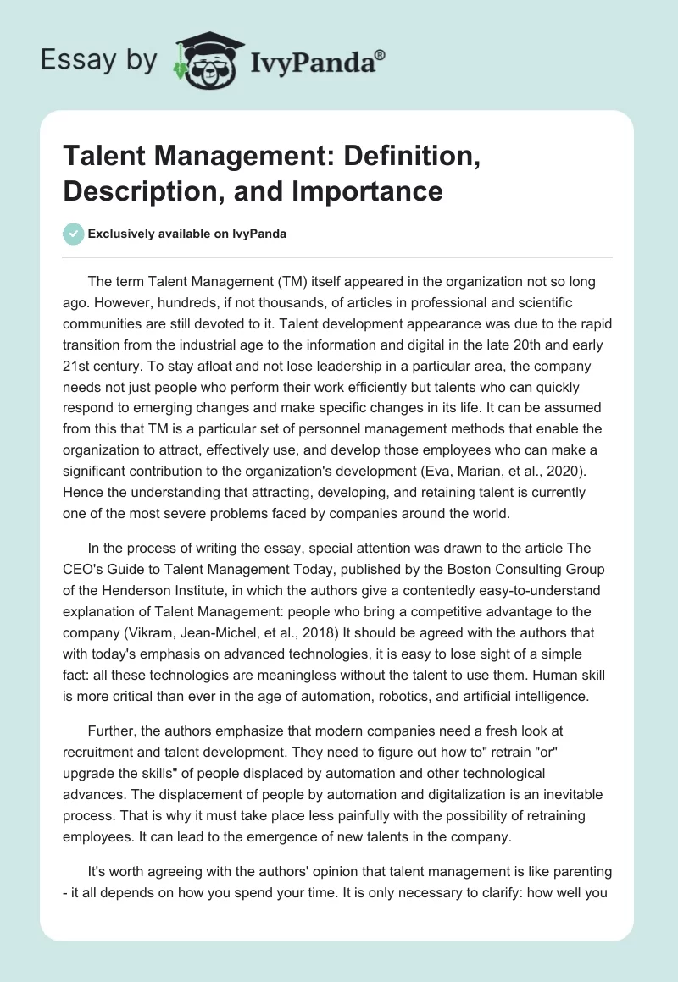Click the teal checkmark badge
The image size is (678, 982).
click(74, 234)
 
